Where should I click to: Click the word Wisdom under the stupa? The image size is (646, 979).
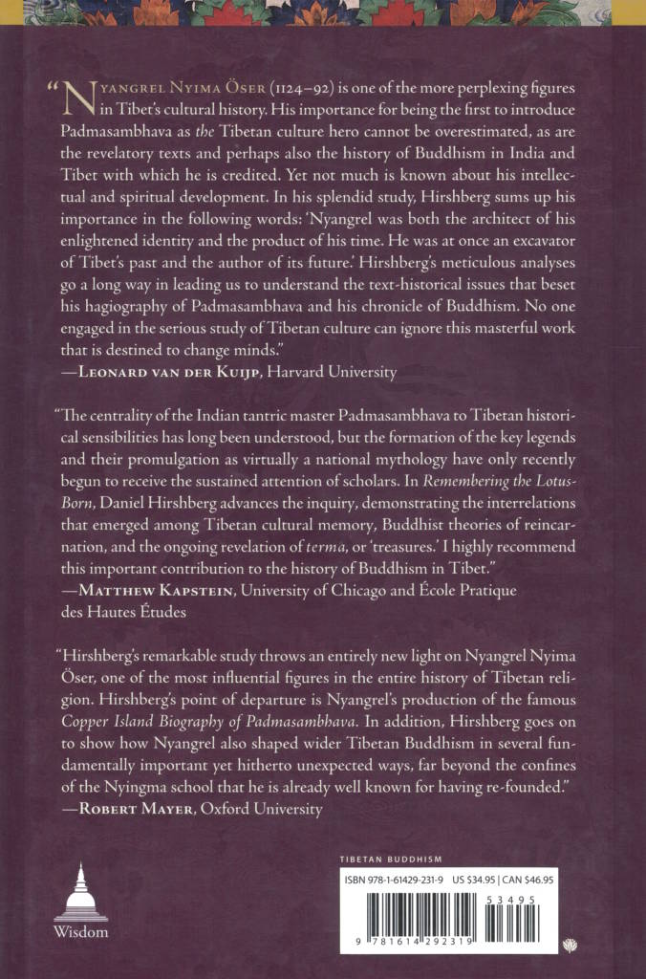coord(80,931)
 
